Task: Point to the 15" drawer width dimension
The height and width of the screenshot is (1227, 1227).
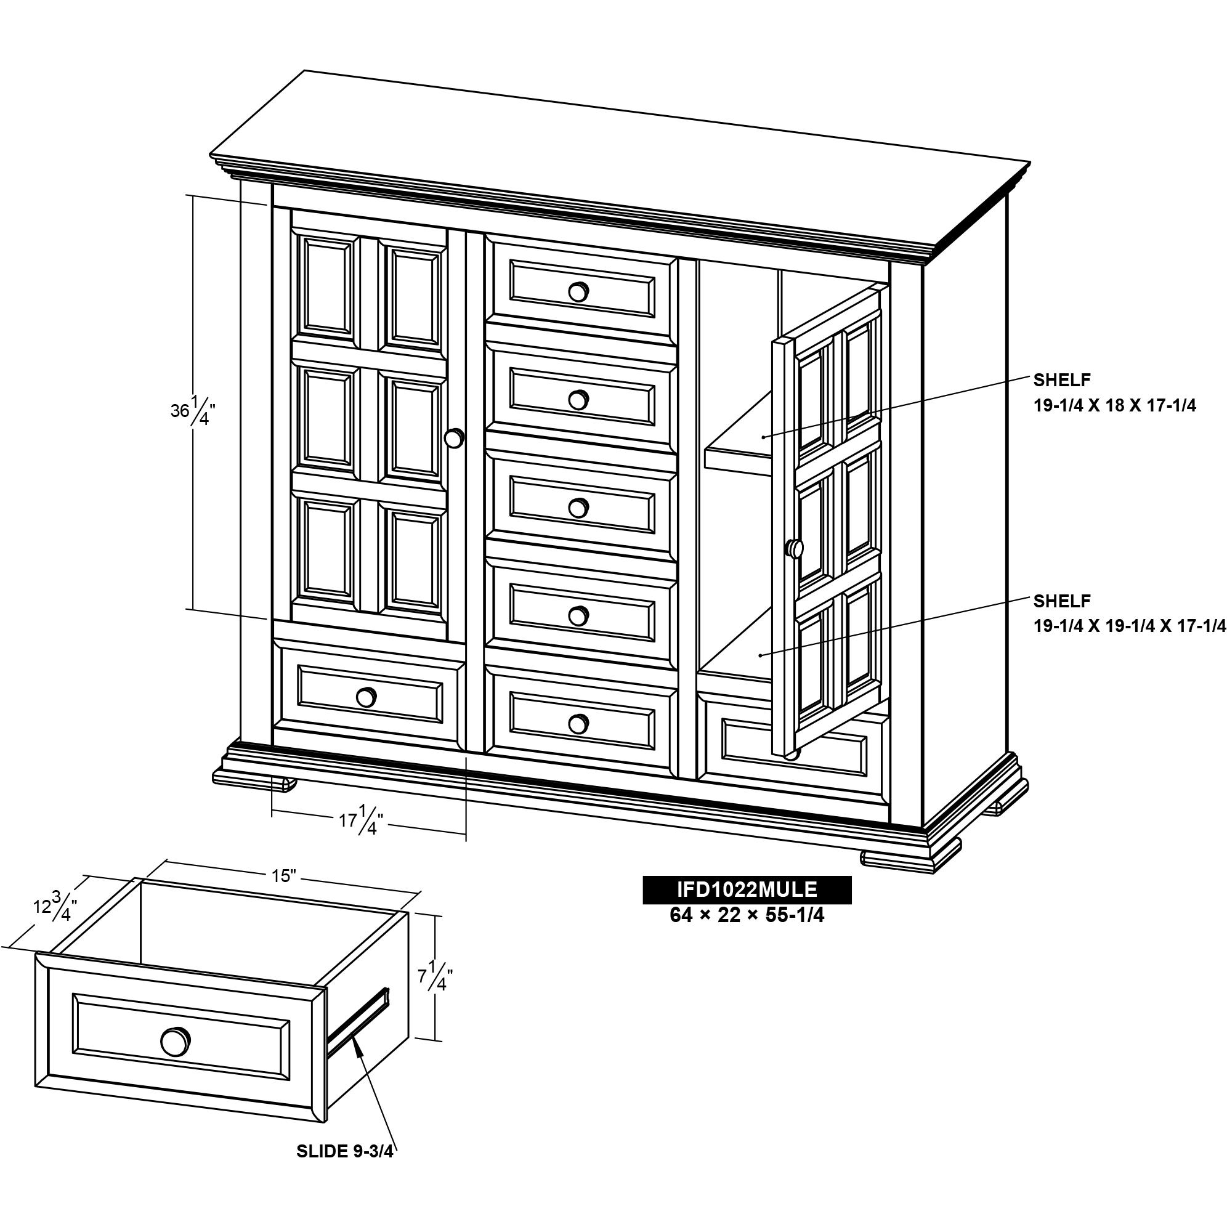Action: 284,876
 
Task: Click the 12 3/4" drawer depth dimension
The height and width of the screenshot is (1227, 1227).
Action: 55,907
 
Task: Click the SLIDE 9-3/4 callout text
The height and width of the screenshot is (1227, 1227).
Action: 345,1151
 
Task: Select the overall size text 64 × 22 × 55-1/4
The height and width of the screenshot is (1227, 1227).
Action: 747,915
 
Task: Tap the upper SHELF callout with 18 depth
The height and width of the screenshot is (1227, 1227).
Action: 1115,392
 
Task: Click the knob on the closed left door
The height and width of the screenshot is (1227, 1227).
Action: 454,439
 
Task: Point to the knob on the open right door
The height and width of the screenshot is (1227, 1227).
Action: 795,548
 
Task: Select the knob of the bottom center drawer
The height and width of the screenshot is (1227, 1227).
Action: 578,723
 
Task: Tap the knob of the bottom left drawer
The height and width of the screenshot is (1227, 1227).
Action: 365,697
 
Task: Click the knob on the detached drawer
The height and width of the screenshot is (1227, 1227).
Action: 176,1042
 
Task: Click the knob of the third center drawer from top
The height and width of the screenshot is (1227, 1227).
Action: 578,508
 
